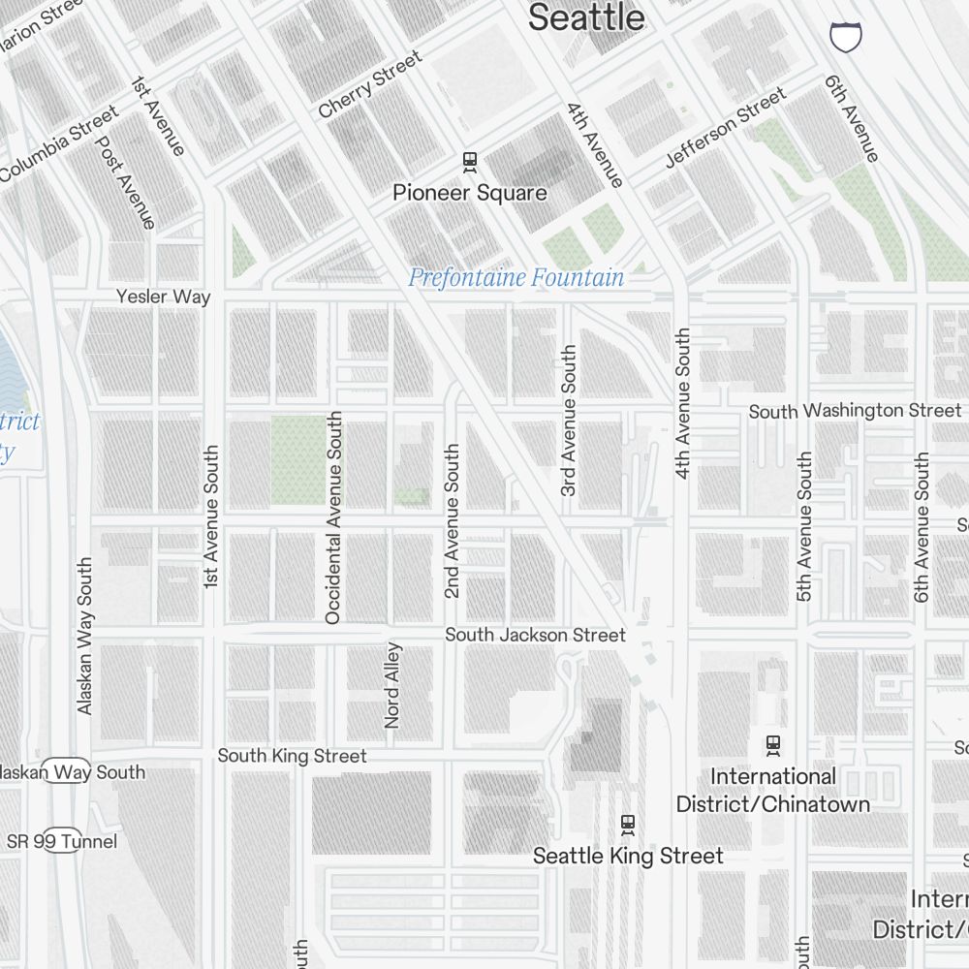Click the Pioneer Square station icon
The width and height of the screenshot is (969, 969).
(470, 161)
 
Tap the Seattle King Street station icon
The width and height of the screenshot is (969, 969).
(628, 825)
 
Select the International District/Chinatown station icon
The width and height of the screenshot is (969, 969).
(773, 745)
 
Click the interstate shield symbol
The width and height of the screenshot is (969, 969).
(846, 37)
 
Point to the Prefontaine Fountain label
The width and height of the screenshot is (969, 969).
(516, 278)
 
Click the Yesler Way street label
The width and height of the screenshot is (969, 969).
(163, 297)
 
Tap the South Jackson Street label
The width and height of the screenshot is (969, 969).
(535, 635)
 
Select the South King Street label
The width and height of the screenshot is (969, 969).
(292, 756)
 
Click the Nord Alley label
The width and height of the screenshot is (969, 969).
(392, 684)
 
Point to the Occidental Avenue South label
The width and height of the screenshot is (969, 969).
(333, 517)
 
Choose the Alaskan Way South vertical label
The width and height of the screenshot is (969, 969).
(85, 636)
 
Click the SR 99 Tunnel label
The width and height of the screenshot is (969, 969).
(62, 841)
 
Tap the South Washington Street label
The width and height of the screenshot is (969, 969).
(855, 411)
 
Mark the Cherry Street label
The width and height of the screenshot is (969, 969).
(370, 85)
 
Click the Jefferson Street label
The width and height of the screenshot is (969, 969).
(725, 128)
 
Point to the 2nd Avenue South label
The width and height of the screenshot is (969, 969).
(452, 521)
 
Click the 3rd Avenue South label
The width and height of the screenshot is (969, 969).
(569, 421)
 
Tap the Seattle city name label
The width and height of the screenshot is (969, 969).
(586, 17)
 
